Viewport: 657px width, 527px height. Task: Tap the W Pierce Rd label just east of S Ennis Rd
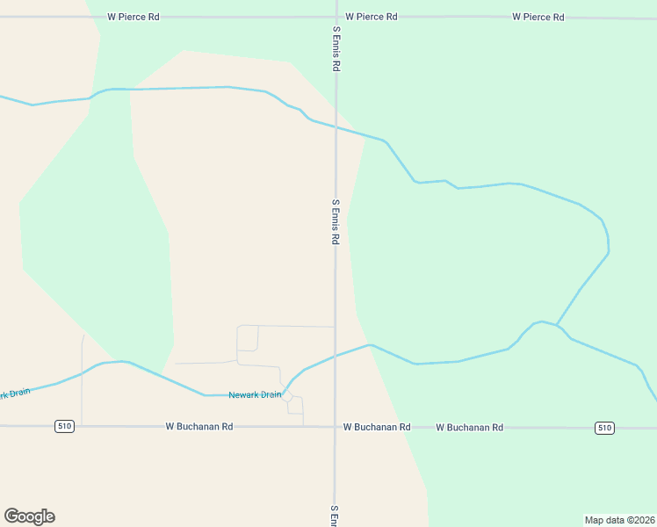tap(372, 17)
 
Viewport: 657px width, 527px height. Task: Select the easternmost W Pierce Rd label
tap(538, 17)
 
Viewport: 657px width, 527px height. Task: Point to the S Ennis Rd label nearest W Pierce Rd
tap(336, 48)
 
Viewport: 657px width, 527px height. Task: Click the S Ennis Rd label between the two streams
tap(335, 221)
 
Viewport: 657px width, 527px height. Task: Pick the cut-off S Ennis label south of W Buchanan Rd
tap(334, 516)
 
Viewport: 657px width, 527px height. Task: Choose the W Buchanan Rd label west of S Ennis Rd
tap(199, 427)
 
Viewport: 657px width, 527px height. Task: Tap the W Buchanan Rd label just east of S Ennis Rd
tap(377, 427)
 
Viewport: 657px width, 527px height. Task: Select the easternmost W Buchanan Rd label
tap(470, 427)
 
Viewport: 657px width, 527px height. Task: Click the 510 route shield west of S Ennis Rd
tap(64, 427)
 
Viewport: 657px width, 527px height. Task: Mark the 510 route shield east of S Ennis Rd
tap(603, 428)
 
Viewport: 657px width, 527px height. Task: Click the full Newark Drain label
tap(255, 395)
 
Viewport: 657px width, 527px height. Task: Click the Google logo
tap(29, 516)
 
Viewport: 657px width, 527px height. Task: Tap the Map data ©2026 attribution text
tap(619, 520)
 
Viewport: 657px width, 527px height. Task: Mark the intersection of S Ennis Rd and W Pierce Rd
tap(336, 17)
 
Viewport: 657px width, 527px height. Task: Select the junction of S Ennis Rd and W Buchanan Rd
tap(334, 427)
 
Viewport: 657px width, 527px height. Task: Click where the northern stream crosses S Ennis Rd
tap(335, 127)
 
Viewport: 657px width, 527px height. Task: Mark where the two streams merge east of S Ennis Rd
tap(557, 324)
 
